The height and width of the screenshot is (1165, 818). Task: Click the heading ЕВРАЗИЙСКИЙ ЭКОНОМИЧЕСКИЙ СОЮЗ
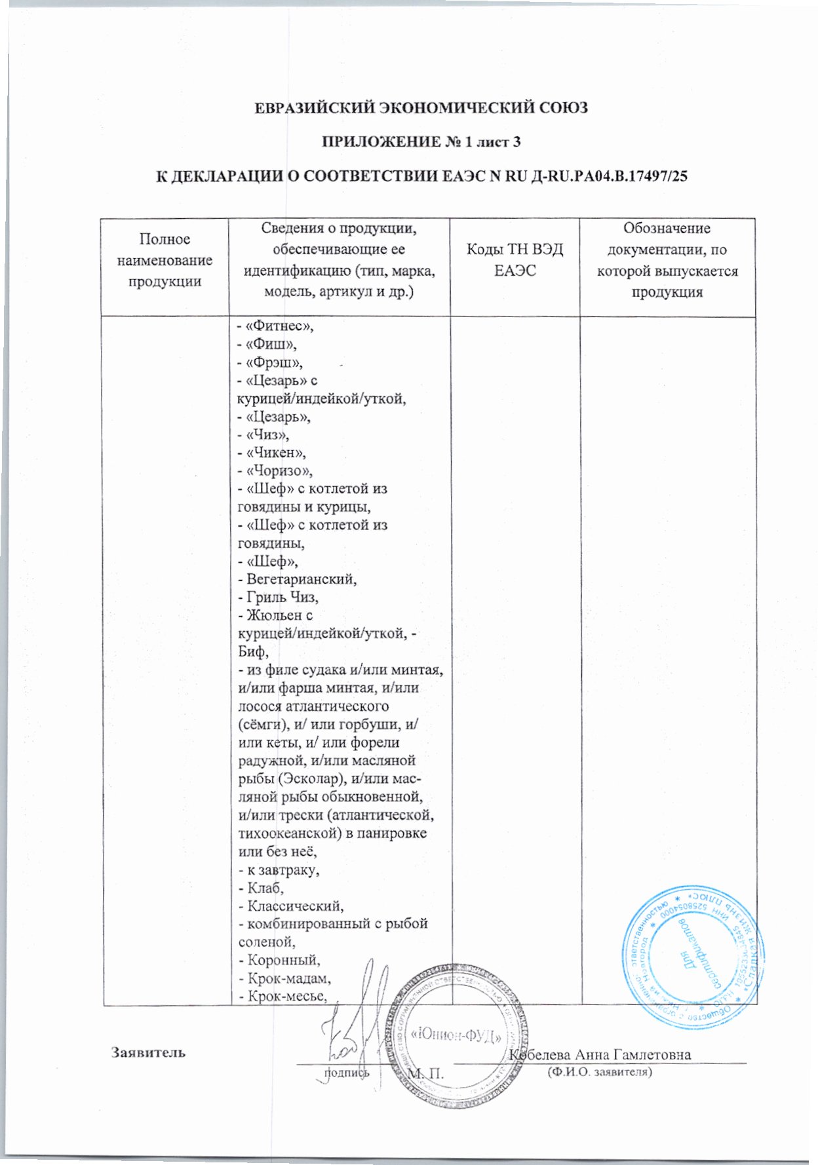[421, 107]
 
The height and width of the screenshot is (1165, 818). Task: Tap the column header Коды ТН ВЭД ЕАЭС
[515, 259]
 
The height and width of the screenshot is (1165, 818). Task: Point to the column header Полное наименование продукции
[165, 260]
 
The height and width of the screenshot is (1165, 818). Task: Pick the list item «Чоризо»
[275, 470]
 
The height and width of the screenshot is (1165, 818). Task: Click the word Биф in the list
[252, 652]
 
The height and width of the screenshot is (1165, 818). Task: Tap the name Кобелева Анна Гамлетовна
[600, 1054]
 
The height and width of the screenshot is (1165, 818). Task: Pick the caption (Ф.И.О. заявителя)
[598, 1073]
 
